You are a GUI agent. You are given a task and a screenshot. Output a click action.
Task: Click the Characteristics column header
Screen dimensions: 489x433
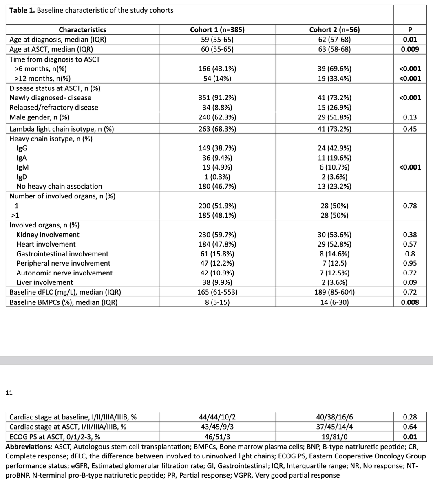82,30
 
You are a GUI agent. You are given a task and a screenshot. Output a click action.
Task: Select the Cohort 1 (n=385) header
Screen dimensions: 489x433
217,30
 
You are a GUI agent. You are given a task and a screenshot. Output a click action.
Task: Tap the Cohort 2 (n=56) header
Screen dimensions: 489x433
334,30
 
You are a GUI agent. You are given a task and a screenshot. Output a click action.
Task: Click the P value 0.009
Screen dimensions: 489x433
410,49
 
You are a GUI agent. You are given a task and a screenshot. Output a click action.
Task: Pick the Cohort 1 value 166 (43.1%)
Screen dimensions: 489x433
217,69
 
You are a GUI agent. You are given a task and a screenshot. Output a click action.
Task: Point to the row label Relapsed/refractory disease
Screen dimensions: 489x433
54,108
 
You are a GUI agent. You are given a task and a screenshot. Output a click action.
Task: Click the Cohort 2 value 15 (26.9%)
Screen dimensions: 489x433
334,108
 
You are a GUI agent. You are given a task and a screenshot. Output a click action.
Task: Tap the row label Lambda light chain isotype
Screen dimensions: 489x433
62,129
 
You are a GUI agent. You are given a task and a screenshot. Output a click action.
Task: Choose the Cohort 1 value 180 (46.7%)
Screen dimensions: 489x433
217,187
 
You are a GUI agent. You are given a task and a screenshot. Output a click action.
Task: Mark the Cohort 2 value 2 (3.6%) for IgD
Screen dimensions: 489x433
334,177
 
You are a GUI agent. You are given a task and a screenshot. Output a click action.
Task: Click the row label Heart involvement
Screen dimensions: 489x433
46,244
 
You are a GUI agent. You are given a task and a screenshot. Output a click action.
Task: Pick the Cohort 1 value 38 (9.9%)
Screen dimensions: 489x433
217,282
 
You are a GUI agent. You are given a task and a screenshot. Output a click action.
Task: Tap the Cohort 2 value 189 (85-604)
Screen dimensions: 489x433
334,292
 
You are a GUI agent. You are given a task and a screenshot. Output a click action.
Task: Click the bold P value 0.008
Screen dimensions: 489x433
410,302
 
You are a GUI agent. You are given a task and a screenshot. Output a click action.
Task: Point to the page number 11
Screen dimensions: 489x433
9,393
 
